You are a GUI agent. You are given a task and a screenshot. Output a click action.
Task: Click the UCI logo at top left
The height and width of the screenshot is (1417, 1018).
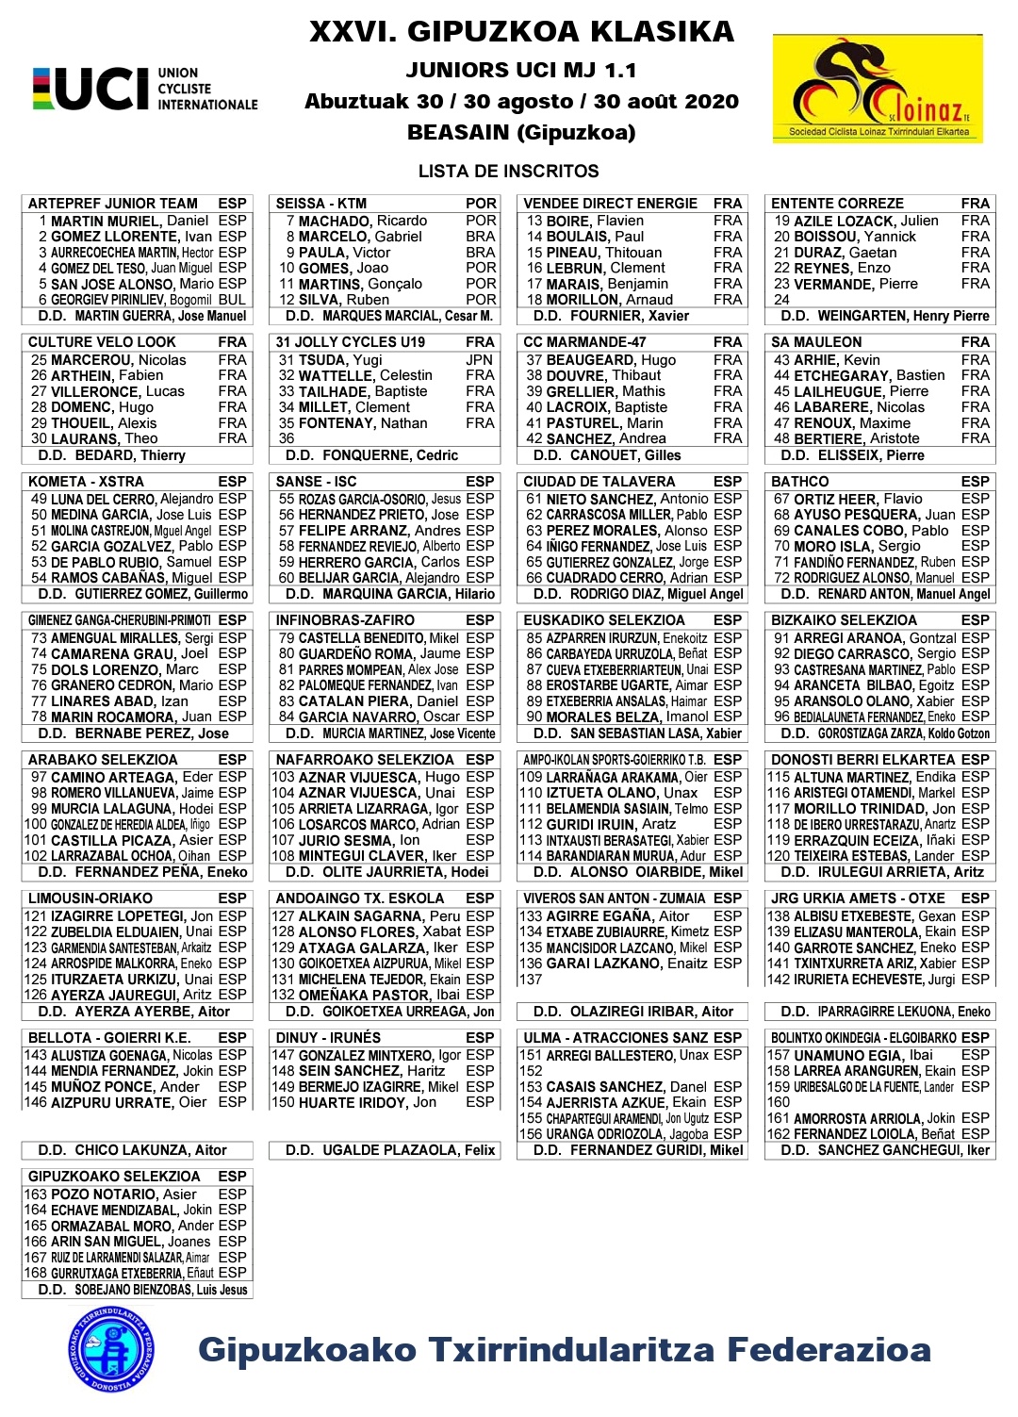[144, 89]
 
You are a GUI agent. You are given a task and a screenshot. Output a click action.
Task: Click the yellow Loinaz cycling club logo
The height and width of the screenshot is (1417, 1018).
[878, 91]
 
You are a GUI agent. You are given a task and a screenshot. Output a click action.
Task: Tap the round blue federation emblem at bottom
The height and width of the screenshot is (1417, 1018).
[111, 1348]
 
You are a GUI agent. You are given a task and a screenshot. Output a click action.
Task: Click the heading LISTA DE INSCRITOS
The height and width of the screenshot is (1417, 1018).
[508, 172]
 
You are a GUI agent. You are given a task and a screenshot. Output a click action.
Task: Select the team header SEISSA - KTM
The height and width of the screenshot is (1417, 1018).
[321, 204]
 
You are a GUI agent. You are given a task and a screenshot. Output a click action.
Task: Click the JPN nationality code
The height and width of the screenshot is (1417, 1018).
[479, 360]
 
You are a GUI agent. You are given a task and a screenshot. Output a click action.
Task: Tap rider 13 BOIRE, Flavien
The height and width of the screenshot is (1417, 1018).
[585, 221]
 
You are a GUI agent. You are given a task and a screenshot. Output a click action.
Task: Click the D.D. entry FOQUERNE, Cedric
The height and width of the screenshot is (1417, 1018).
[372, 455]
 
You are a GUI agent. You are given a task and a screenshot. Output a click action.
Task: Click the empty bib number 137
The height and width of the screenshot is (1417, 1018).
[532, 980]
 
